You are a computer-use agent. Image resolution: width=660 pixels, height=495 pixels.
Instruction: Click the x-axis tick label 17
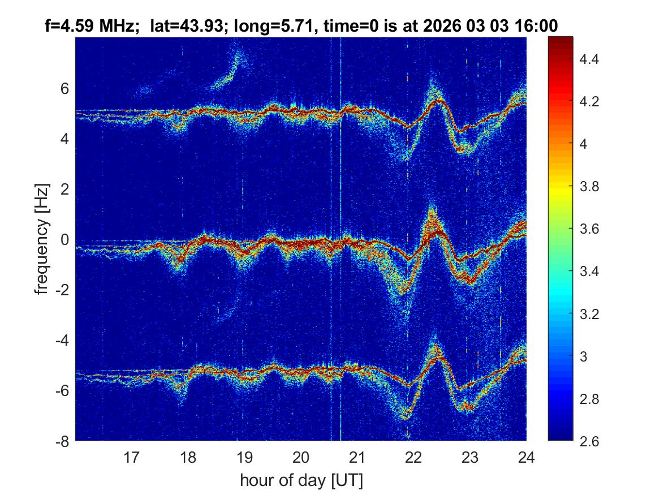point(132,457)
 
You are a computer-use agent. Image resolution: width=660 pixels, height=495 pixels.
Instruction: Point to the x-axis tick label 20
point(301,457)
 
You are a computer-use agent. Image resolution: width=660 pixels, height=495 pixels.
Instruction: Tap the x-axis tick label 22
point(413,457)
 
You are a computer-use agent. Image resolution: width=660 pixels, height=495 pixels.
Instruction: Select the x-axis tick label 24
point(526,457)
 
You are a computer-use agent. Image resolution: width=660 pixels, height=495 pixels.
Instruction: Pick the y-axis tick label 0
point(65,240)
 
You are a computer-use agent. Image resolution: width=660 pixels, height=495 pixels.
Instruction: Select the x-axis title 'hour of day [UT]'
point(301,480)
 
